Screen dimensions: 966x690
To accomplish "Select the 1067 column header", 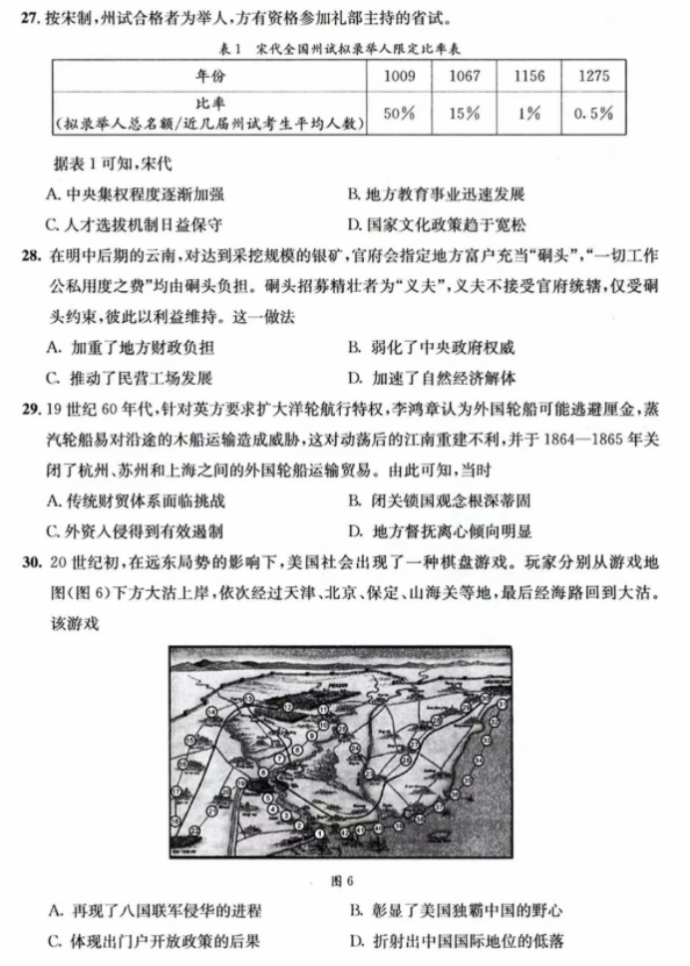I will [464, 76].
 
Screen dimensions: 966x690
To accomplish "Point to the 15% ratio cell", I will [464, 113].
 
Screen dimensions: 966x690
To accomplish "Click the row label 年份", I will [209, 76].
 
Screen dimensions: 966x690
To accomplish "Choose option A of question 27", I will [135, 194].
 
